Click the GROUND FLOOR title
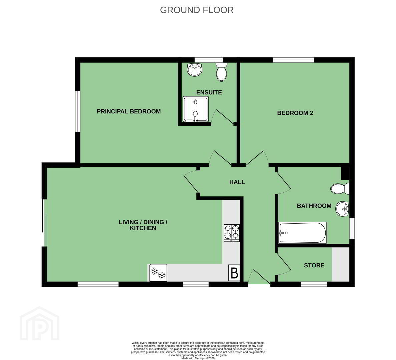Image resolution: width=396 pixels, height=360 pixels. click(x=197, y=10)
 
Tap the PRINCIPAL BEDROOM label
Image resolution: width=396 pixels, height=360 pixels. click(x=129, y=111)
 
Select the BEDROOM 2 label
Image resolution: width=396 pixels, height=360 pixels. click(x=295, y=113)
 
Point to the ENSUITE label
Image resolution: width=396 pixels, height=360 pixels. click(x=209, y=92)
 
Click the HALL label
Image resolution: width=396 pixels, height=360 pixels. click(x=237, y=182)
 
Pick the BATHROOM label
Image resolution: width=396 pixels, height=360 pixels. click(x=314, y=206)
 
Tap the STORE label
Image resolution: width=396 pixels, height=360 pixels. click(x=314, y=265)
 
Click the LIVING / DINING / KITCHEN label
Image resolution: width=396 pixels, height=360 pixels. click(x=143, y=225)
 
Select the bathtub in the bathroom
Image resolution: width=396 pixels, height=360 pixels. click(x=302, y=233)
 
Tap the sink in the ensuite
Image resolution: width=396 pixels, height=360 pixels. click(x=195, y=69)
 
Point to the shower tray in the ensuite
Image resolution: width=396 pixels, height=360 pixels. click(x=196, y=109)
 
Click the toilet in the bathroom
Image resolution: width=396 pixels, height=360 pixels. click(x=340, y=188)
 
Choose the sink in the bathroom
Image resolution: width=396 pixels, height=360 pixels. click(x=342, y=209)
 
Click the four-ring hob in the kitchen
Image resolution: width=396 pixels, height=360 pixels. click(x=232, y=233)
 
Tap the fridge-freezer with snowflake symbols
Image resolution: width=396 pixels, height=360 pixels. click(x=158, y=273)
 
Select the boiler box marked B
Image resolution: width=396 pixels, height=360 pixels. click(x=234, y=273)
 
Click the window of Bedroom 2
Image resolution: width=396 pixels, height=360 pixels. click(x=293, y=60)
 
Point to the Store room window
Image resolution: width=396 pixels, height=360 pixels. click(x=314, y=284)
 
